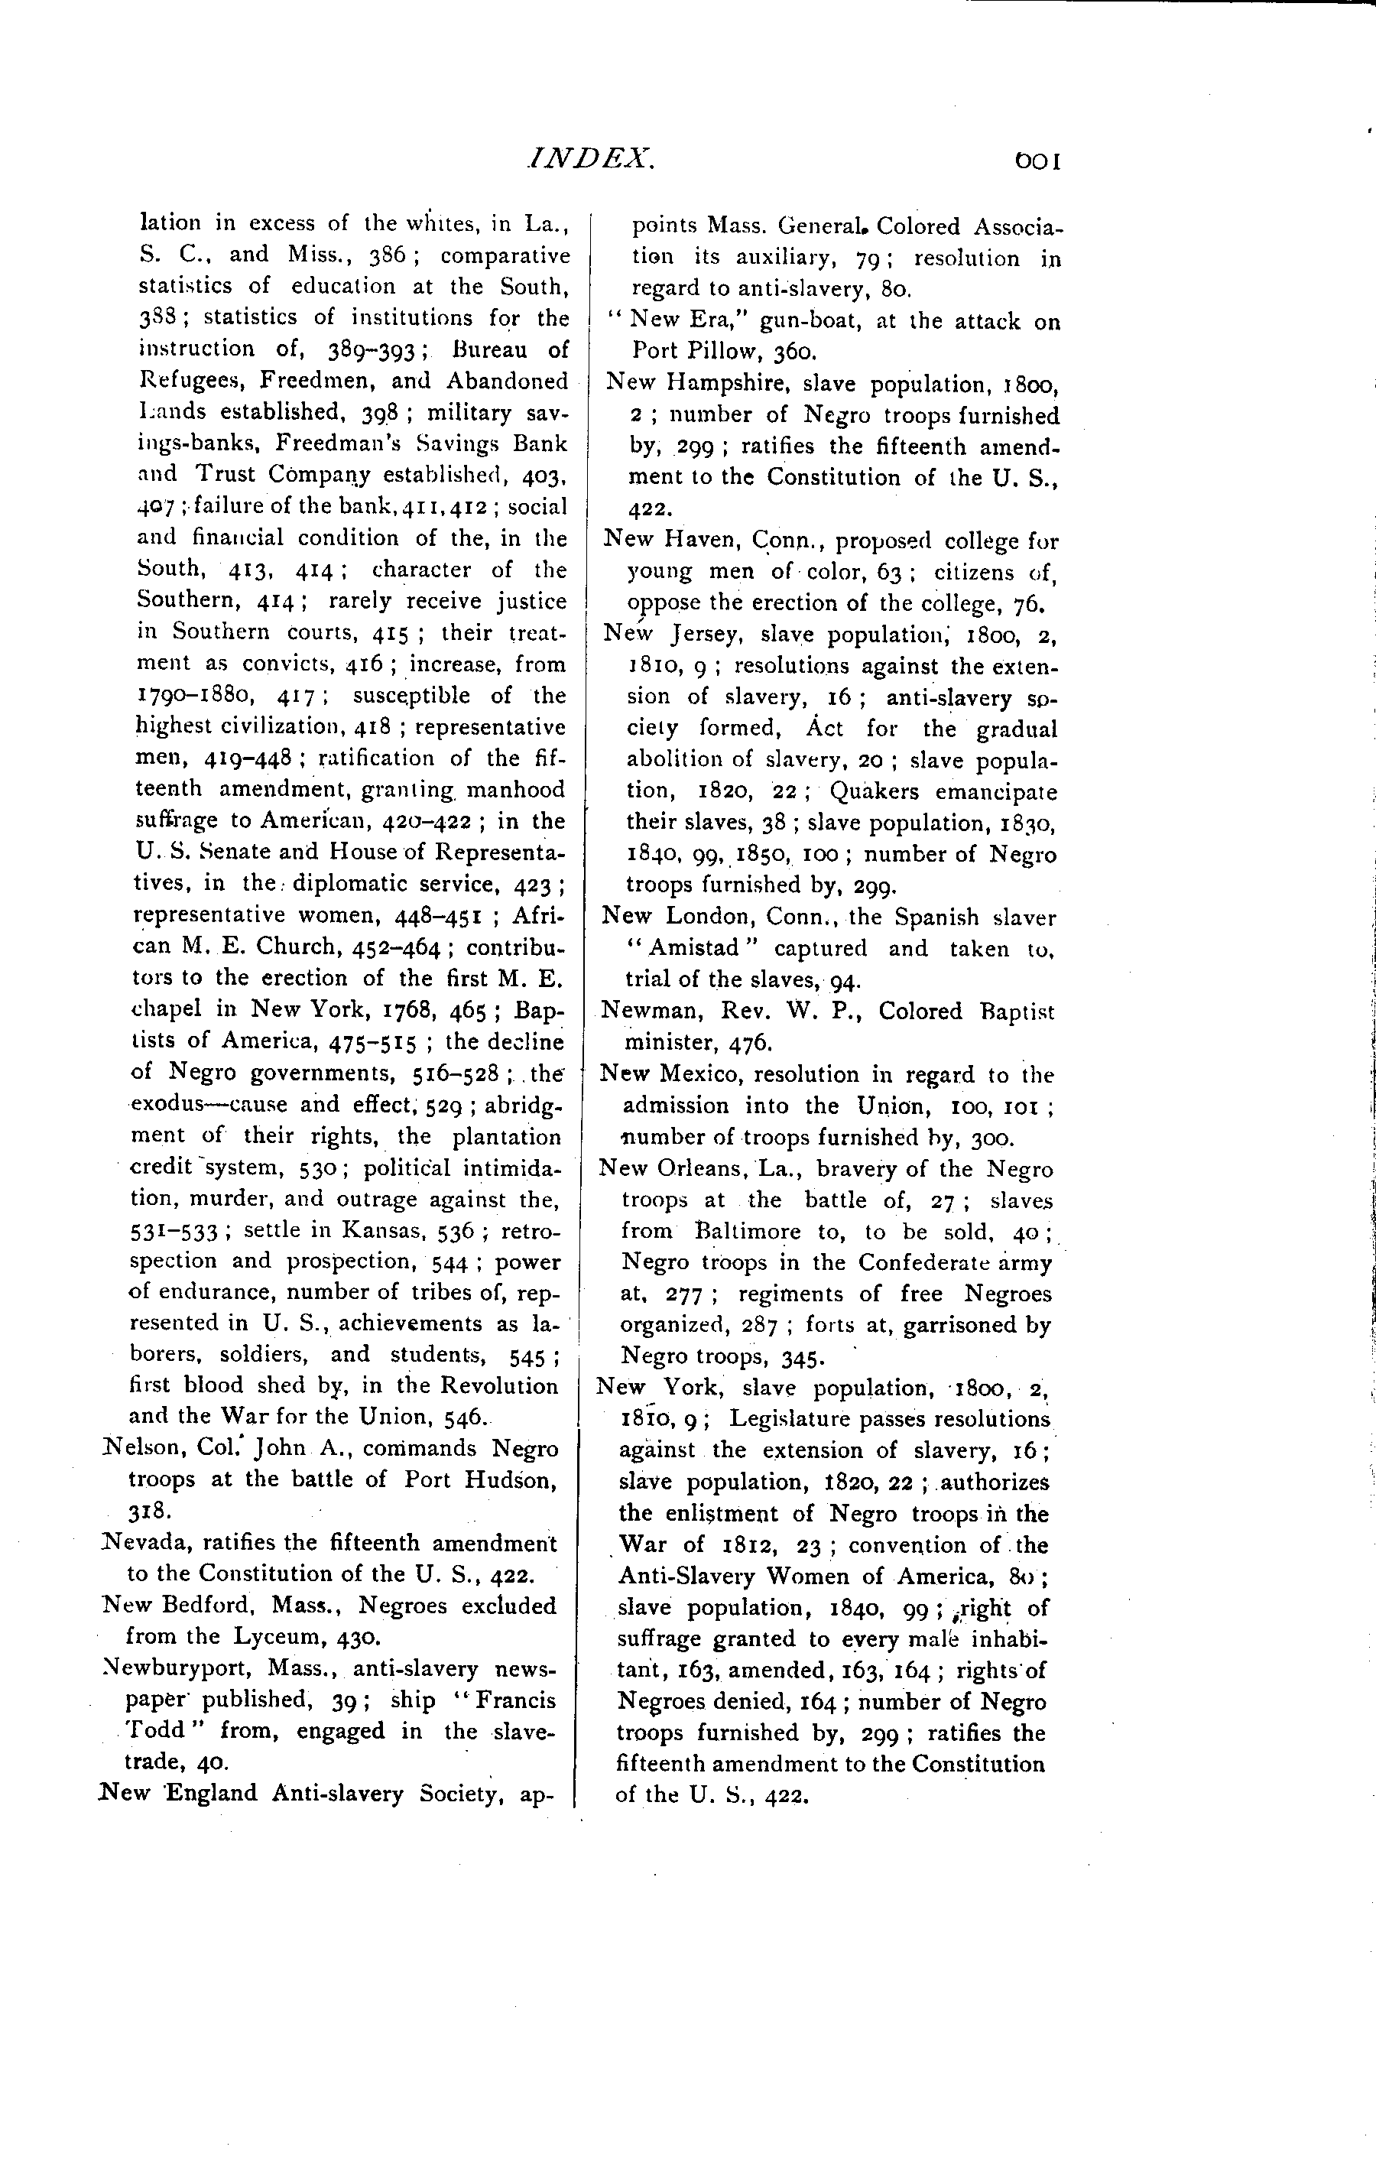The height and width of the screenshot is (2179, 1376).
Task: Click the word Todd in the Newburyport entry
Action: [154, 1731]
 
